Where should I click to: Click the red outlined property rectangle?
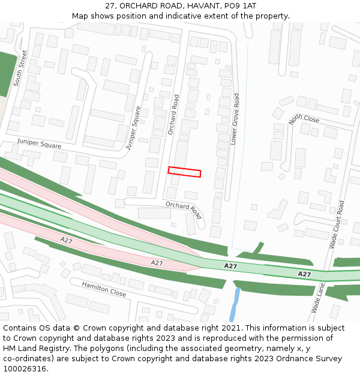coord(184,172)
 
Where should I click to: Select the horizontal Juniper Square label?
coord(39,145)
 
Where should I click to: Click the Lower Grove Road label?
coord(235,119)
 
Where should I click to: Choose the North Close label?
coord(304,119)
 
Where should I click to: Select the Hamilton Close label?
coord(104,289)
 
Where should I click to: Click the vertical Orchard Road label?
coord(173,114)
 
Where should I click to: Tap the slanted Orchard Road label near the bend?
coord(184,209)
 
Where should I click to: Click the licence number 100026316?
coord(26,369)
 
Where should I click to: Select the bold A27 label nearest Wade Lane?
coord(304,274)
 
